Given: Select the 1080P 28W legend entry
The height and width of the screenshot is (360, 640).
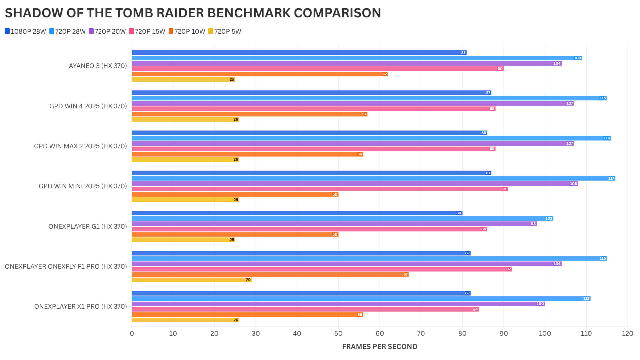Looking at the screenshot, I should (x=25, y=31).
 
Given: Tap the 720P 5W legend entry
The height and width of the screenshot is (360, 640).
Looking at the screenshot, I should (x=225, y=31).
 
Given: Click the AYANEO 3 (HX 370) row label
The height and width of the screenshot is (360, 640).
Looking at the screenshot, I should (x=98, y=66).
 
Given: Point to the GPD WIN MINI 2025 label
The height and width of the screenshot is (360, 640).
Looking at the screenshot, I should (x=83, y=186).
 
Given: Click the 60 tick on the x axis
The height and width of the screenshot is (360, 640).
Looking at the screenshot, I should (x=380, y=333).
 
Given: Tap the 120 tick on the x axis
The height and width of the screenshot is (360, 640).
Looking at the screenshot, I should (x=627, y=333).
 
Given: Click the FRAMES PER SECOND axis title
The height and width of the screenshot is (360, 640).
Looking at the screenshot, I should (x=380, y=347).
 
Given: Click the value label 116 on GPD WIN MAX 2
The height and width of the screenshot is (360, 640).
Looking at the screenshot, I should (x=606, y=138).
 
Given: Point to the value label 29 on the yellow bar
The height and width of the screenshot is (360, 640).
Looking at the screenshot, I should (x=248, y=280).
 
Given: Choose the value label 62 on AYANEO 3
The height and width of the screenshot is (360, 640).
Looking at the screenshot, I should (x=384, y=74).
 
